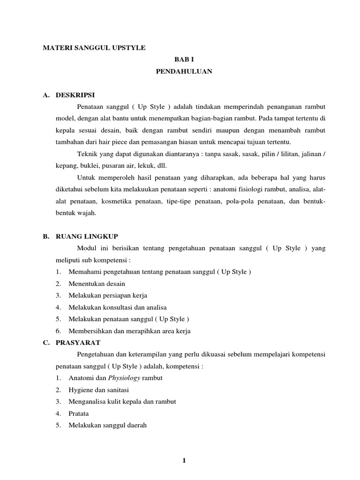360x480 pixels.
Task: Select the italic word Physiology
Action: pyautogui.click(x=123, y=378)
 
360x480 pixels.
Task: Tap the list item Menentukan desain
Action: pyautogui.click(x=97, y=284)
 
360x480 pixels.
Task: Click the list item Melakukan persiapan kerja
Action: pyautogui.click(x=108, y=295)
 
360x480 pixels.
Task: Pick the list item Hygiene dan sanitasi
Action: pyautogui.click(x=98, y=390)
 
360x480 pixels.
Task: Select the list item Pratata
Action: pyautogui.click(x=78, y=413)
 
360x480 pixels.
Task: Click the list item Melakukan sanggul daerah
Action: pyautogui.click(x=108, y=425)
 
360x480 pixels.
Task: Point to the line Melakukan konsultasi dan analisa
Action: pyautogui.click(x=118, y=307)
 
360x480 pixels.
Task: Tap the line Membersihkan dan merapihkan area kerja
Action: pyautogui.click(x=129, y=330)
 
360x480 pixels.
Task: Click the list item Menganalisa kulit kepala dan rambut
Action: pyautogui.click(x=122, y=401)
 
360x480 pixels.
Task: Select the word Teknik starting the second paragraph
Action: pyautogui.click(x=87, y=154)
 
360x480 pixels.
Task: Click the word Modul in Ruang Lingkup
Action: pyautogui.click(x=86, y=248)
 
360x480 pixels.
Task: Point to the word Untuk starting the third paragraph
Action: pyautogui.click(x=86, y=178)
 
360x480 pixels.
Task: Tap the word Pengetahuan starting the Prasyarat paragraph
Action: pyautogui.click(x=97, y=354)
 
